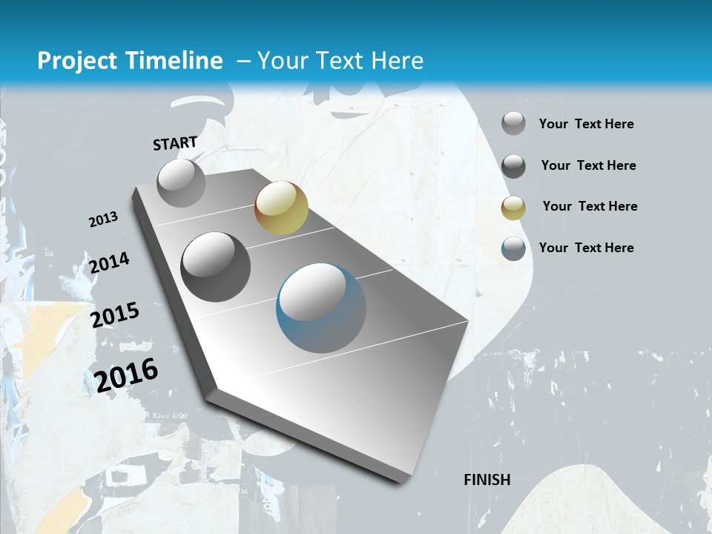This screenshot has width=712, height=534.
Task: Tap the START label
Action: point(175,143)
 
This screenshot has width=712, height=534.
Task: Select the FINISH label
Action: point(487,480)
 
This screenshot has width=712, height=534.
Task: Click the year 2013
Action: point(104,220)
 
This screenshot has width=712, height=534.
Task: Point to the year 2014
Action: point(110,263)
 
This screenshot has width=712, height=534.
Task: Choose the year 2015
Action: point(115,315)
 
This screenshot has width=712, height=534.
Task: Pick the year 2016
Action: point(127,375)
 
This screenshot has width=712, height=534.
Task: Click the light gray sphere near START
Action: point(182,182)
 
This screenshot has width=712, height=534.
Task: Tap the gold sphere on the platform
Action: point(281,207)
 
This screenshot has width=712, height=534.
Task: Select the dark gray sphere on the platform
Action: point(216,267)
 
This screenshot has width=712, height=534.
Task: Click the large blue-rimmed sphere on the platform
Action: point(321,308)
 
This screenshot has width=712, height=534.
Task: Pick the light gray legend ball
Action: point(513,124)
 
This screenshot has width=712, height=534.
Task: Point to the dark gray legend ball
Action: point(513,166)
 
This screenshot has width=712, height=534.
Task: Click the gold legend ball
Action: point(513,208)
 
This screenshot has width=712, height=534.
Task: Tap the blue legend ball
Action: point(513,248)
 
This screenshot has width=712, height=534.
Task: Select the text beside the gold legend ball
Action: point(590,206)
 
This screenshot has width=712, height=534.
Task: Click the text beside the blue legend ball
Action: point(586,248)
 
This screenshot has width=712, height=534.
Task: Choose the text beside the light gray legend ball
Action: point(586,124)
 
